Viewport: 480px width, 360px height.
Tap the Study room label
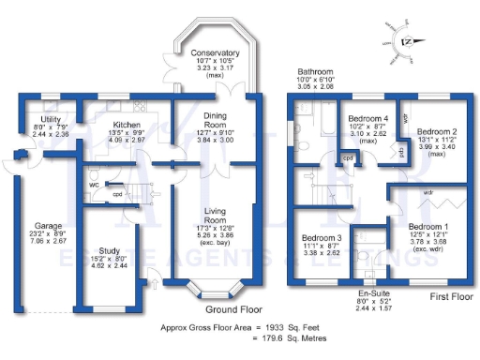[x=110, y=251]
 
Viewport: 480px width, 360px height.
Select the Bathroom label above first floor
[x=316, y=72]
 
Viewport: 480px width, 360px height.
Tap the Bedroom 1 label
[x=427, y=228]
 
